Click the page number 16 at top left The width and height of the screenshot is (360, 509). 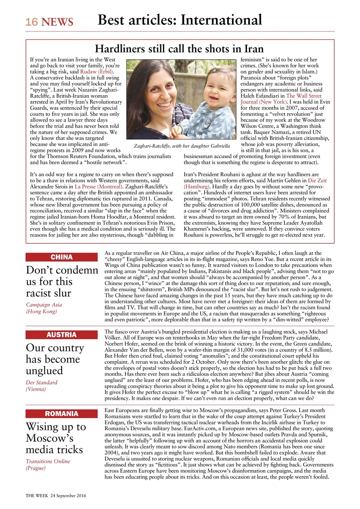[x=32, y=22]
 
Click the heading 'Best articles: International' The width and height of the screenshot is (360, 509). [x=180, y=20]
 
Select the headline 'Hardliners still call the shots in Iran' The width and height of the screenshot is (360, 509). [x=179, y=49]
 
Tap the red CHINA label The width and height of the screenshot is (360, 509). [x=62, y=257]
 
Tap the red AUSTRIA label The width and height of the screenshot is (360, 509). [x=62, y=335]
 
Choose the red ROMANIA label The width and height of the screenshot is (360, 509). [x=62, y=414]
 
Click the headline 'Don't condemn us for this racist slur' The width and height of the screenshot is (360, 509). [x=62, y=282]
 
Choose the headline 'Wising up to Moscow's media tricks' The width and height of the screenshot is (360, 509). [x=56, y=438]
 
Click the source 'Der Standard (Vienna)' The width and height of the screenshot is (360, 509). [x=42, y=386]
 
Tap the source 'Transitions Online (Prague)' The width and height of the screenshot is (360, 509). [x=48, y=464]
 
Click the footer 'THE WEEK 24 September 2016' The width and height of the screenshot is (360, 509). [x=56, y=496]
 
